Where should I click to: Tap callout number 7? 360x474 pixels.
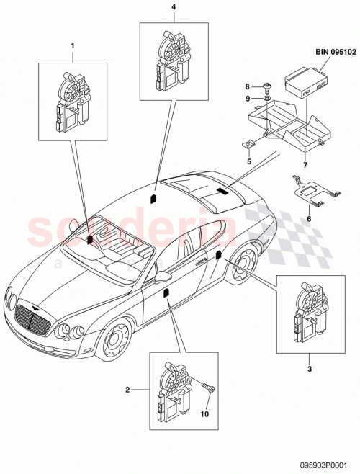[x=305, y=164]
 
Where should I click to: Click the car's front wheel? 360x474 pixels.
[x=112, y=345]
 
